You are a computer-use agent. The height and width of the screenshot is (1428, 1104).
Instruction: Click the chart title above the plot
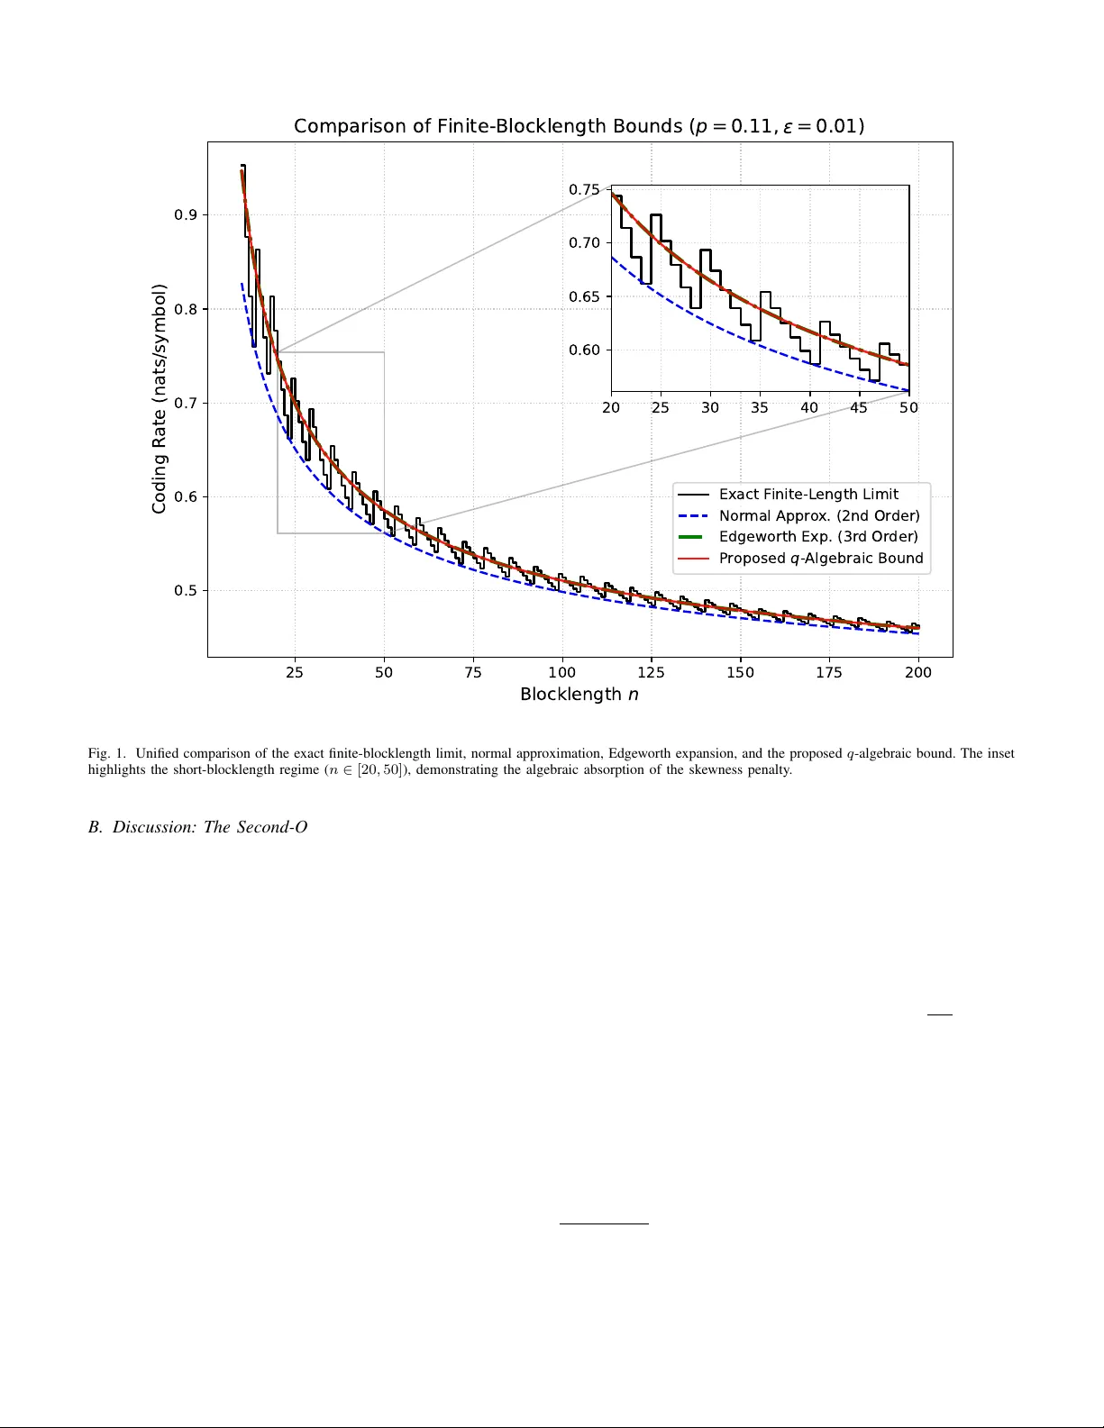[x=579, y=126]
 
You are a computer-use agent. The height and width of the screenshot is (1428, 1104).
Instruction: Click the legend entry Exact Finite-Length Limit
[x=808, y=494]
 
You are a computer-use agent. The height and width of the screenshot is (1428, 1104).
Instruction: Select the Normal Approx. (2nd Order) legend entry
[x=818, y=515]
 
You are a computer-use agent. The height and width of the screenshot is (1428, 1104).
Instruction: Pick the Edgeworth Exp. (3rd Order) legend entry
[x=817, y=536]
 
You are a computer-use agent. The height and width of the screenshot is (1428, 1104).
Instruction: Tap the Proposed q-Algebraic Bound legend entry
[x=820, y=558]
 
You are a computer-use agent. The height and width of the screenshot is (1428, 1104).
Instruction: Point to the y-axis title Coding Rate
[x=160, y=399]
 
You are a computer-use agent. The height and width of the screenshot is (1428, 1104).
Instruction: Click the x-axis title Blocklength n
[x=579, y=695]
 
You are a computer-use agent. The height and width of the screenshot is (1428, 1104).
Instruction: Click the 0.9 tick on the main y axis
[x=186, y=214]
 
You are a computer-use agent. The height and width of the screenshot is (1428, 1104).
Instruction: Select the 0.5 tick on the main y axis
[x=186, y=591]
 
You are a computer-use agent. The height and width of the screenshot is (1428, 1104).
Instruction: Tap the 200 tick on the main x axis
[x=918, y=672]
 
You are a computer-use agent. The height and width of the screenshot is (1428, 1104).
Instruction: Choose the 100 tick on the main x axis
[x=561, y=672]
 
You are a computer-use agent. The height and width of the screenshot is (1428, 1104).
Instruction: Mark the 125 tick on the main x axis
[x=651, y=672]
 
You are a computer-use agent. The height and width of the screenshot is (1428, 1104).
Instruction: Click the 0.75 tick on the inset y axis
[x=584, y=189]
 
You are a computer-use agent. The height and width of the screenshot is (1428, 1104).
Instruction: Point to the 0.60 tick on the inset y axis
[x=584, y=350]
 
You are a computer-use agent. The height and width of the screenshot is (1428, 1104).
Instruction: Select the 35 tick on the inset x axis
[x=760, y=407]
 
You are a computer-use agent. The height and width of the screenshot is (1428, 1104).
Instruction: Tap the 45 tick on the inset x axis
[x=859, y=407]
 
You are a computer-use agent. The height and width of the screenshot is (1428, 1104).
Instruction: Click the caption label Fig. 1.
[x=106, y=753]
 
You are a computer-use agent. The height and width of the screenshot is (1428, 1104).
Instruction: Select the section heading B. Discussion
[x=197, y=827]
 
